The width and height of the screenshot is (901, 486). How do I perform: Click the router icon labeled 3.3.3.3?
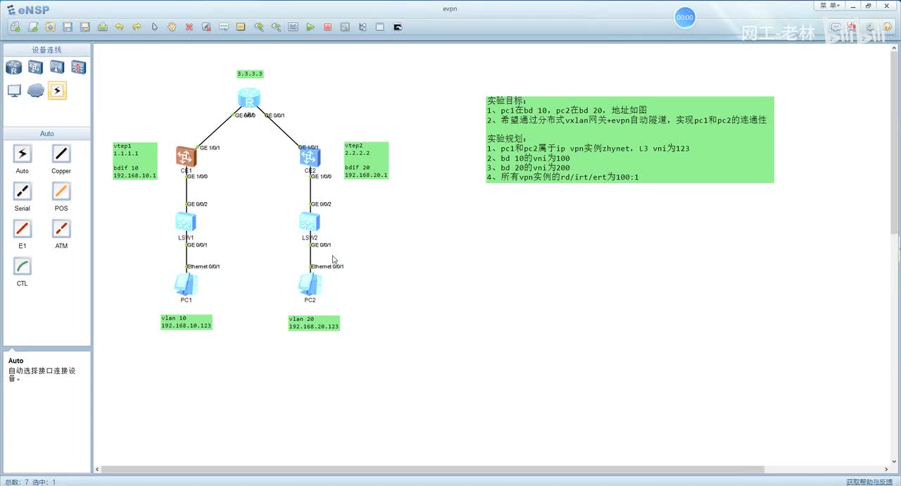pyautogui.click(x=248, y=98)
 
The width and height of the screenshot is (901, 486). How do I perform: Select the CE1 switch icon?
pyautogui.click(x=186, y=156)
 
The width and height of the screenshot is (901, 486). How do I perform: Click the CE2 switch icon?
pyautogui.click(x=310, y=156)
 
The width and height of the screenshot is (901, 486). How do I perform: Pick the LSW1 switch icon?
pyautogui.click(x=186, y=222)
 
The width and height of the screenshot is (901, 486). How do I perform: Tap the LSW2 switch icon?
pyautogui.click(x=310, y=222)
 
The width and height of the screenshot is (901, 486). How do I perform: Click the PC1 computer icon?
pyautogui.click(x=186, y=284)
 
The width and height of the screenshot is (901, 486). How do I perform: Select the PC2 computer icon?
pyautogui.click(x=310, y=284)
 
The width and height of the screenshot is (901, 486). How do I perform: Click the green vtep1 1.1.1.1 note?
pyautogui.click(x=135, y=161)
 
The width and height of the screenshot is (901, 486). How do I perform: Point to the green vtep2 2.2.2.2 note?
pyautogui.click(x=366, y=161)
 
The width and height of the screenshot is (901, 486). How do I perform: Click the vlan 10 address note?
pyautogui.click(x=186, y=322)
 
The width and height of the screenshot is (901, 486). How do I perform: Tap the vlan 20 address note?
pyautogui.click(x=314, y=323)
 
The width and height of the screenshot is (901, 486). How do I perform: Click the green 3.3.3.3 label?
pyautogui.click(x=250, y=74)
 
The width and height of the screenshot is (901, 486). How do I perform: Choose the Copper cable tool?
pyautogui.click(x=61, y=154)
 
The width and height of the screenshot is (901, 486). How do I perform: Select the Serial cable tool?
pyautogui.click(x=23, y=191)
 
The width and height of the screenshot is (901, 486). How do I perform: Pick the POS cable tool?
pyautogui.click(x=61, y=191)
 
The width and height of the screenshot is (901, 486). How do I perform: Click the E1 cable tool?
pyautogui.click(x=23, y=228)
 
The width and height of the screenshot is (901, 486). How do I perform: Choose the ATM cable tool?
pyautogui.click(x=61, y=228)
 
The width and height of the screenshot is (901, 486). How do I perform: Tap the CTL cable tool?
pyautogui.click(x=23, y=266)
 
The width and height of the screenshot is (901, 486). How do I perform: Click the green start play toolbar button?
pyautogui.click(x=310, y=27)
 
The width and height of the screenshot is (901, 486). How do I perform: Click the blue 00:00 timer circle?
pyautogui.click(x=685, y=18)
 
